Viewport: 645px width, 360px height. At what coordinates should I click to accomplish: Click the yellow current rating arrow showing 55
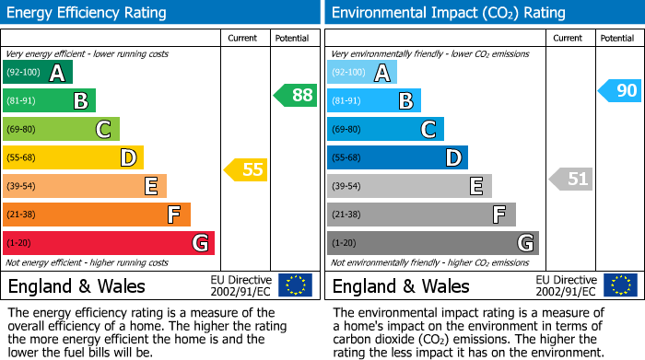[246, 169]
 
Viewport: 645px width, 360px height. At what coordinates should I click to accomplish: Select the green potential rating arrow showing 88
[296, 95]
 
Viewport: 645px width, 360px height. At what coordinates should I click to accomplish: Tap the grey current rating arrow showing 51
[571, 179]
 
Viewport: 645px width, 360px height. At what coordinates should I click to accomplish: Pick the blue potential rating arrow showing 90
[619, 90]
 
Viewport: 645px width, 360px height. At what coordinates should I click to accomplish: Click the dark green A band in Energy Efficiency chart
[38, 73]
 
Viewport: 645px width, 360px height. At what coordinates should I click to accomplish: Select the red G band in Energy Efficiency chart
[109, 243]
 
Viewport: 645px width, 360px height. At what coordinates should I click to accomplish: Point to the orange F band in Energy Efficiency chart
[97, 215]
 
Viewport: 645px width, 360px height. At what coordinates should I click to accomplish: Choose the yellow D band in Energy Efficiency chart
[73, 157]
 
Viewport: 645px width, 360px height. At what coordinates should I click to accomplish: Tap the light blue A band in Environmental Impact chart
[362, 73]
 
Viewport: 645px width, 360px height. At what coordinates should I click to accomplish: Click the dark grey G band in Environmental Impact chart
[432, 243]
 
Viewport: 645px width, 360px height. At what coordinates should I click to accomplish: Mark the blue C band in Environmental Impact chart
[385, 129]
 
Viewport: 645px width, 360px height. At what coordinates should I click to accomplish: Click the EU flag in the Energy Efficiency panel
[295, 285]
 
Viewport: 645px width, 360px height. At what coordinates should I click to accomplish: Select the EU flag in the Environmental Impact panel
[620, 285]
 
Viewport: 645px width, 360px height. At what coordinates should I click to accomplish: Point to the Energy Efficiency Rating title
[88, 13]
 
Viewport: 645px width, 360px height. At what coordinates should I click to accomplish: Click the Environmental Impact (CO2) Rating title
[448, 13]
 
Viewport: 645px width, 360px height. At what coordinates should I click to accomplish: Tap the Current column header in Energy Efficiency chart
[242, 38]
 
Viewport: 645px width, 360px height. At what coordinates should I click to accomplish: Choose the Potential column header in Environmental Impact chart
[616, 38]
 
